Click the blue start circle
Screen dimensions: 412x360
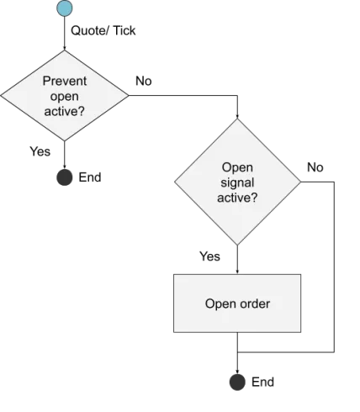[64, 9]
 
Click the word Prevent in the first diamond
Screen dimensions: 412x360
[64, 82]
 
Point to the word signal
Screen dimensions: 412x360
[237, 182]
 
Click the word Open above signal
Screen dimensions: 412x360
[237, 168]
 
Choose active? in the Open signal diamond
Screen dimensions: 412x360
[237, 198]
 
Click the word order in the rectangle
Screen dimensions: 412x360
[254, 304]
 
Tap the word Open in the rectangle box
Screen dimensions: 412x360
[220, 304]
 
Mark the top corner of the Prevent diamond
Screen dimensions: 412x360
[64, 50]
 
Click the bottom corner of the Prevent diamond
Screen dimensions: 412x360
[64, 141]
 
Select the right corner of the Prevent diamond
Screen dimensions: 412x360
[128, 95]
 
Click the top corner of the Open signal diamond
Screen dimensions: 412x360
[237, 119]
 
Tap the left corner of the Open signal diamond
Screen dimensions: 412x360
[173, 182]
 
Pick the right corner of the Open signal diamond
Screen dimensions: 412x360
[301, 182]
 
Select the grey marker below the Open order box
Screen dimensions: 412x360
[238, 383]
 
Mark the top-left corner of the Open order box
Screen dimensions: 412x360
[172, 272]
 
